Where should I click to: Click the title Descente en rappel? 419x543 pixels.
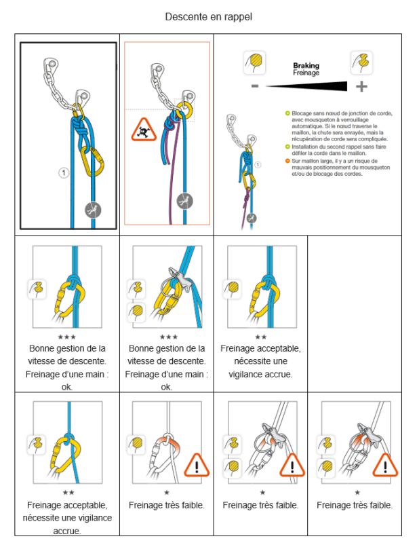209,16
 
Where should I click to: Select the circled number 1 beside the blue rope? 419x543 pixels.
64,173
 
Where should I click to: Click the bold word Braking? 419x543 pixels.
306,66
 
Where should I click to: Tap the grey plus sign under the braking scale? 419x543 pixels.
361,86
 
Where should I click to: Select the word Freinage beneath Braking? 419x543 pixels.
306,73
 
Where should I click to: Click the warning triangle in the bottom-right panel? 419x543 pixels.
386,466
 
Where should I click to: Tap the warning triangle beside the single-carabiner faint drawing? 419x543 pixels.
197,466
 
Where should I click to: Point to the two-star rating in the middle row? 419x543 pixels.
261,337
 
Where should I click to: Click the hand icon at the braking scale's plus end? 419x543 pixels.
361,63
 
